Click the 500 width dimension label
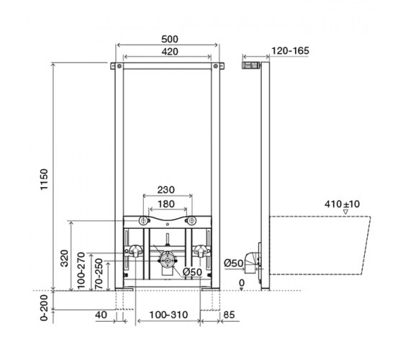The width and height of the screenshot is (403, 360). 169,39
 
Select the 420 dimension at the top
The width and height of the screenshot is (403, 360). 170,52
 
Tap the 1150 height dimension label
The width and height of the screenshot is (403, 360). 44,179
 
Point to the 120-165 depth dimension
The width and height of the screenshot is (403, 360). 290,50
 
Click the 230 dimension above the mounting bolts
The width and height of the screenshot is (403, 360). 166,190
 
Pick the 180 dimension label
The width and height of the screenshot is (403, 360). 166,204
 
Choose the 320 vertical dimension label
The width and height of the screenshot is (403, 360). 64,258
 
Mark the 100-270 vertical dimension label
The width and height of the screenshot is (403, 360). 81,271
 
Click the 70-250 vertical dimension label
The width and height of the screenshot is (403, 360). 99,274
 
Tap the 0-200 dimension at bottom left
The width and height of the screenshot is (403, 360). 44,307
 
